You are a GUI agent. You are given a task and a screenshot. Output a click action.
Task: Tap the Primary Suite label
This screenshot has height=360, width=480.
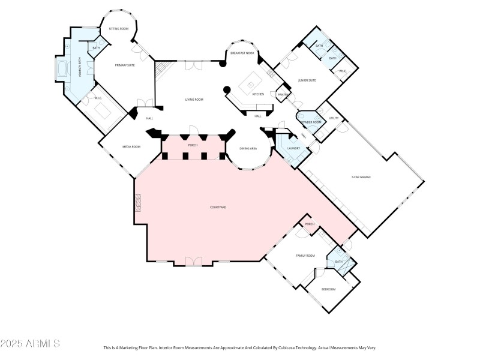(125, 65)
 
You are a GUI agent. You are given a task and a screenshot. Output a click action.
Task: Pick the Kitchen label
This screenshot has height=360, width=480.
(258, 94)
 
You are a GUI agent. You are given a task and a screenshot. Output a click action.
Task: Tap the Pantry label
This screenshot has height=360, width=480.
(283, 94)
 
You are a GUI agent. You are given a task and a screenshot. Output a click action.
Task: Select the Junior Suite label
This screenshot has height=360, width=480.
(307, 80)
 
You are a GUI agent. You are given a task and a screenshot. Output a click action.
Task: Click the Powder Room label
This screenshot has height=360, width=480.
(310, 122)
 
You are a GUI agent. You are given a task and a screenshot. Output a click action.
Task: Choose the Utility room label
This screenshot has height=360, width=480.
(334, 118)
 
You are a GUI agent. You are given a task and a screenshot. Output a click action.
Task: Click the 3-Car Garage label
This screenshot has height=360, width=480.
(361, 176)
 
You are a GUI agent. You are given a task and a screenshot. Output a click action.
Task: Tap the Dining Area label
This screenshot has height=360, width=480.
(248, 148)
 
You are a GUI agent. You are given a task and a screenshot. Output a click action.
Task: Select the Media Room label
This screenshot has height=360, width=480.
(131, 146)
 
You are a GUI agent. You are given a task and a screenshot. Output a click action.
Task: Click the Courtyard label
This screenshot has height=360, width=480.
(218, 207)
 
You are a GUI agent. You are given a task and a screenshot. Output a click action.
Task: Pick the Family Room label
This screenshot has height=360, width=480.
(305, 256)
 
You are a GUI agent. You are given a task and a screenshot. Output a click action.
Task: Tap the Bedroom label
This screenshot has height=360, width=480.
(328, 289)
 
